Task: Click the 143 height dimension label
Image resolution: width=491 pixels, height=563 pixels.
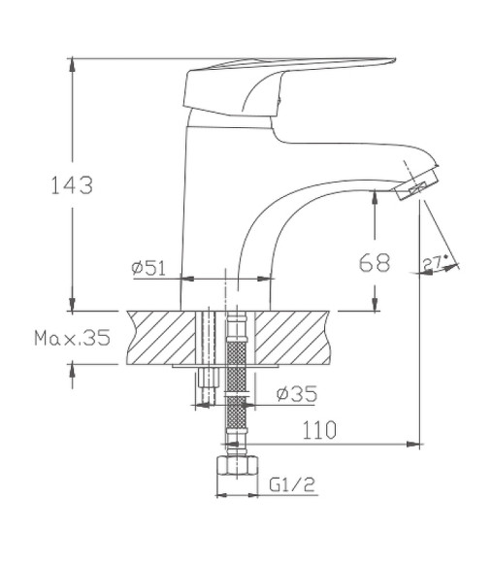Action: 72,184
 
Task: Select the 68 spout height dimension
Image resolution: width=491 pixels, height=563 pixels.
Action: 376,261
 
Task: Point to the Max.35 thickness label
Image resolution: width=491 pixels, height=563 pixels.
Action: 72,338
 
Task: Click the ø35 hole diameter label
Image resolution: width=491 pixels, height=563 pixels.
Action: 295,394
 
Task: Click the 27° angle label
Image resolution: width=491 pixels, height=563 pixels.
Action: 434,261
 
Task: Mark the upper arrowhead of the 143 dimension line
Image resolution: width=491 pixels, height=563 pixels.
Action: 72,64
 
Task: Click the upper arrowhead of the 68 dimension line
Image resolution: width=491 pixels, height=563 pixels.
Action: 376,195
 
